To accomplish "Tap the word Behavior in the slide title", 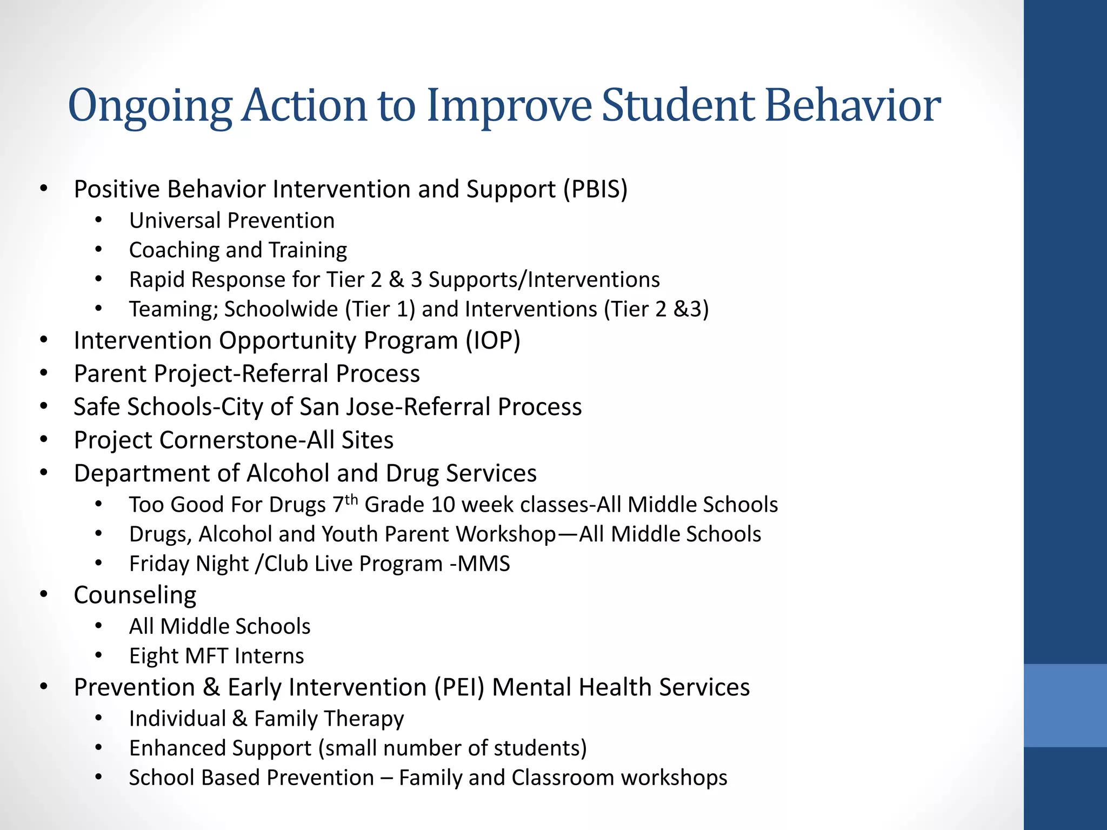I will [852, 105].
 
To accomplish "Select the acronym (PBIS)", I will [595, 189].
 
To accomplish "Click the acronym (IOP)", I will [493, 340].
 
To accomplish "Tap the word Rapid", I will [157, 280].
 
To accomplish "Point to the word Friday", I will [159, 564].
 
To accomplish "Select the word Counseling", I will [135, 595].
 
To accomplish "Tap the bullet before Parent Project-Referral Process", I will [44, 373].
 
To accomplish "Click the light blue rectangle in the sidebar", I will [1065, 705].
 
